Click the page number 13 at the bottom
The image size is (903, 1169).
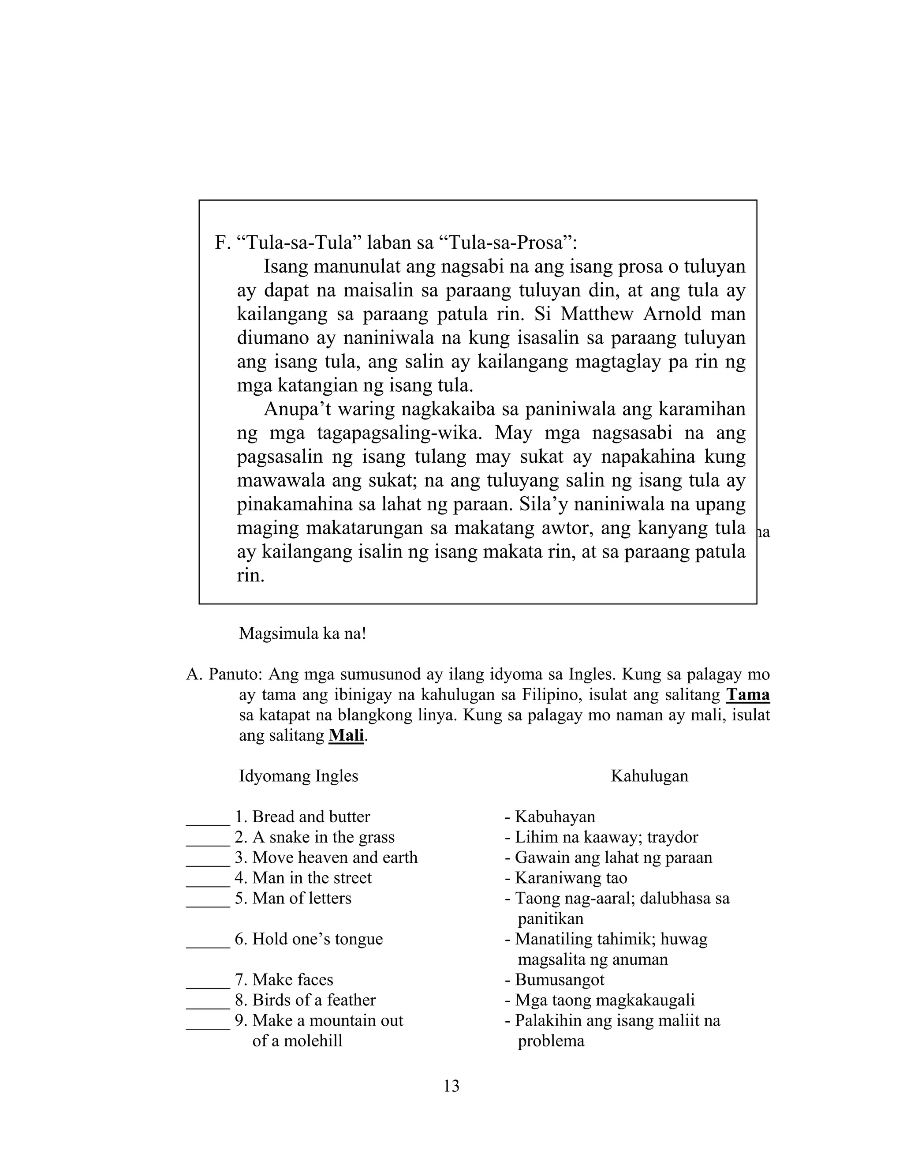(451, 1086)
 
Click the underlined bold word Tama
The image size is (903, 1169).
(747, 695)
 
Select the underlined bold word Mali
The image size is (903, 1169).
(346, 735)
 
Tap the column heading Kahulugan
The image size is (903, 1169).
(649, 776)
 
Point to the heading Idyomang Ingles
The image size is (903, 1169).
(299, 776)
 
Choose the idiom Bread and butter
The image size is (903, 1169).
(311, 817)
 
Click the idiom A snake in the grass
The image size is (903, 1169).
(323, 837)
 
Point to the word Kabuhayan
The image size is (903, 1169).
(555, 817)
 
